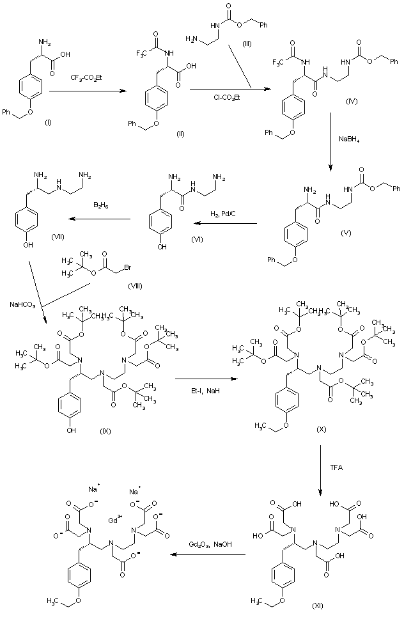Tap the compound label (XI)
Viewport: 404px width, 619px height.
[x=318, y=604]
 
